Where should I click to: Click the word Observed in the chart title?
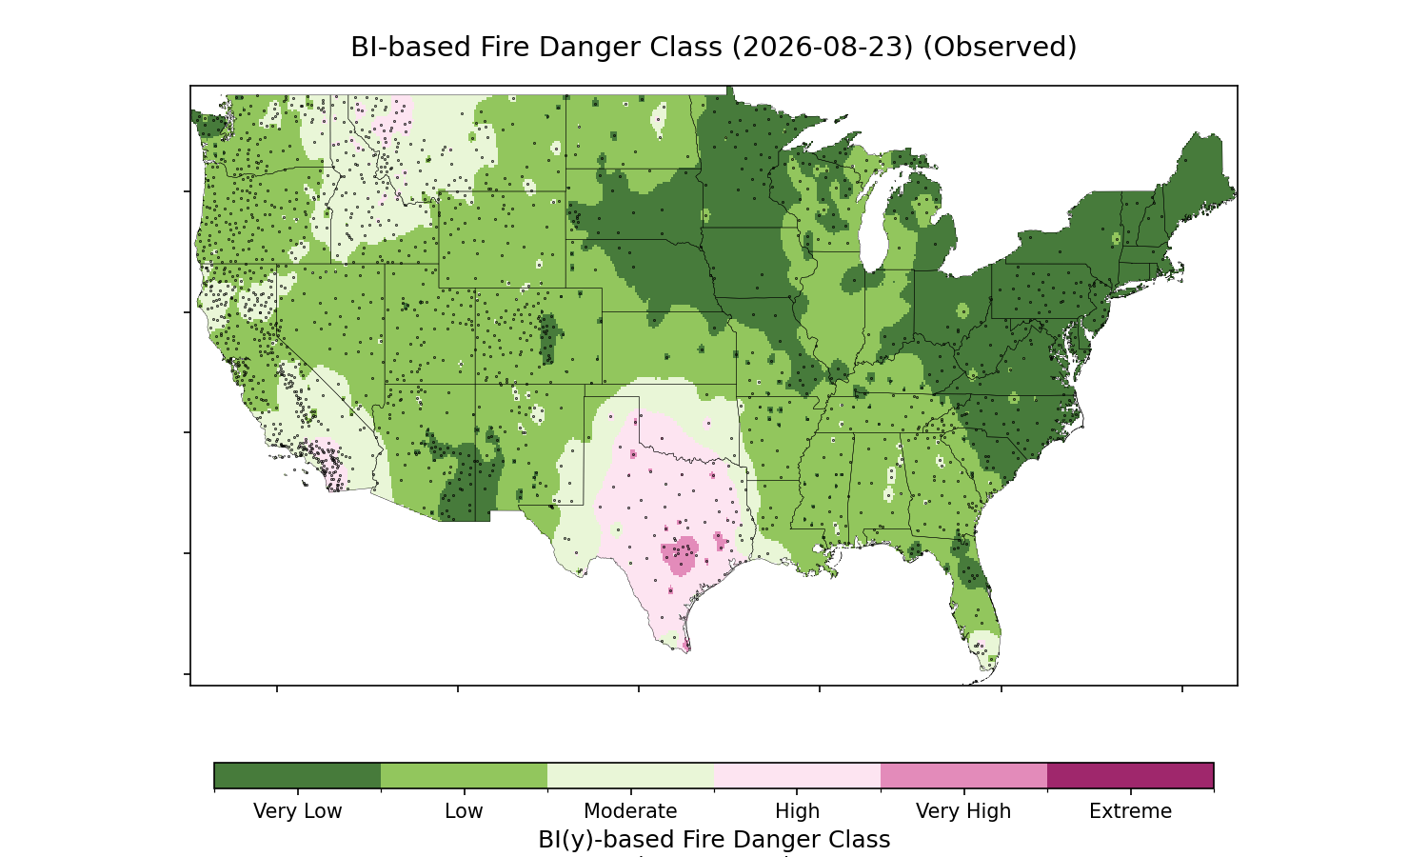pyautogui.click(x=1000, y=48)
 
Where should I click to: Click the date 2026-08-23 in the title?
pyautogui.click(x=823, y=48)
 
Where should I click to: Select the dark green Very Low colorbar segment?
pyautogui.click(x=298, y=775)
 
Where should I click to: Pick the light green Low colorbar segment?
pyautogui.click(x=465, y=775)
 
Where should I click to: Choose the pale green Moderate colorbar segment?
pyautogui.click(x=631, y=775)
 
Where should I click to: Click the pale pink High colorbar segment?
pyautogui.click(x=798, y=775)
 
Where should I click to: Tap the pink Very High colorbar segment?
pyautogui.click(x=963, y=775)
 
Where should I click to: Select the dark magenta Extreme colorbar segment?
pyautogui.click(x=1130, y=775)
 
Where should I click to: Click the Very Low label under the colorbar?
pyautogui.click(x=298, y=811)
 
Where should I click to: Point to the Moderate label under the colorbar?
pyautogui.click(x=630, y=811)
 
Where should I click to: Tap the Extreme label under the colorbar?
pyautogui.click(x=1130, y=811)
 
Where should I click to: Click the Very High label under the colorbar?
pyautogui.click(x=963, y=811)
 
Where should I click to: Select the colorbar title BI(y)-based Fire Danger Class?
pyautogui.click(x=714, y=840)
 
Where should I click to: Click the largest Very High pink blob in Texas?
pyautogui.click(x=680, y=555)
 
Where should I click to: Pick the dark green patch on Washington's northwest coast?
pyautogui.click(x=209, y=125)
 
